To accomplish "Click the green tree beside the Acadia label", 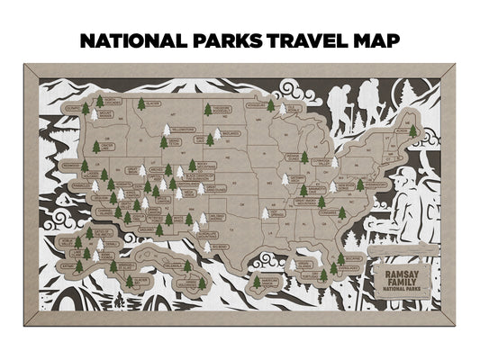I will [413, 131].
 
